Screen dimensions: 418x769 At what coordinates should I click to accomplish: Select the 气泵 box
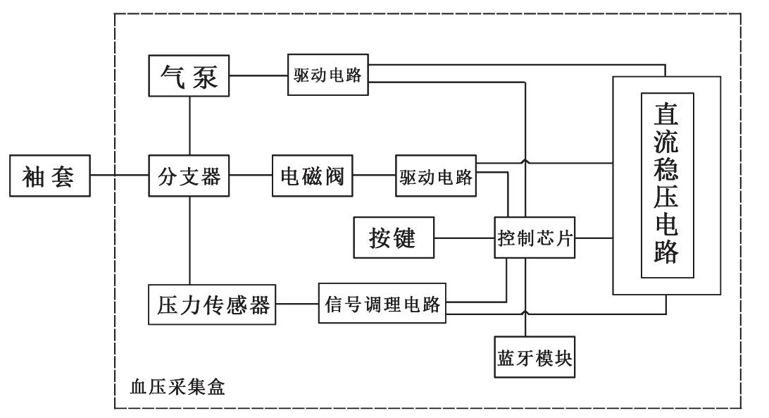(189, 76)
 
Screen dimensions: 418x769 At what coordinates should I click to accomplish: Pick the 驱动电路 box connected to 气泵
(327, 75)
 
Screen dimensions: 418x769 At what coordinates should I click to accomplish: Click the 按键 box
(393, 238)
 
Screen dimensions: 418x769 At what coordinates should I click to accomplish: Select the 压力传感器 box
(211, 304)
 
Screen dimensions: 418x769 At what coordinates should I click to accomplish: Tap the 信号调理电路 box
(382, 304)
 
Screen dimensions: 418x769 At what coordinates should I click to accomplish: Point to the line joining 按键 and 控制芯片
(465, 238)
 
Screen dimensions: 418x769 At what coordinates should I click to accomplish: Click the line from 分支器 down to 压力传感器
(189, 240)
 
